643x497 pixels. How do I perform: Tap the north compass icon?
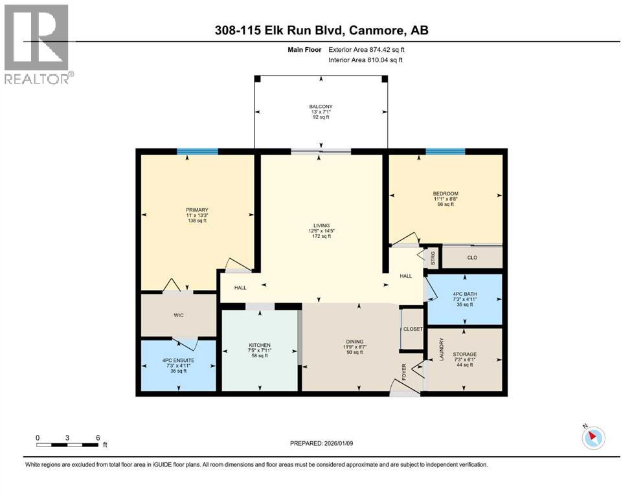coord(593,437)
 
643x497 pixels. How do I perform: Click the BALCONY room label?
coord(321,107)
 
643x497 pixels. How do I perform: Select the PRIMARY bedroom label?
coord(197,210)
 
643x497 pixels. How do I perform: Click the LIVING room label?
coord(321,225)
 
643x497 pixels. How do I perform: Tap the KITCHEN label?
coord(260,345)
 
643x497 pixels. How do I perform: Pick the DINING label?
coord(355,341)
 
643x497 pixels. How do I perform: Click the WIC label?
coord(178,315)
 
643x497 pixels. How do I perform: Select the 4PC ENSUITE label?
coord(178,360)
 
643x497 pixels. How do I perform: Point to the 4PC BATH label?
coord(465,294)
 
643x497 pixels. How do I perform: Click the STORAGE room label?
coord(465,354)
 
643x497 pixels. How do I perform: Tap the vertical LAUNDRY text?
coord(442,349)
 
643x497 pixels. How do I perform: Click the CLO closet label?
coord(472,258)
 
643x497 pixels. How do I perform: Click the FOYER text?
coord(404,372)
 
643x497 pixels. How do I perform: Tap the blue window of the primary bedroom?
coord(197,151)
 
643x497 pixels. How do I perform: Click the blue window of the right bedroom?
coord(446,151)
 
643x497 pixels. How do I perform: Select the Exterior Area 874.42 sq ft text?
coord(367,50)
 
